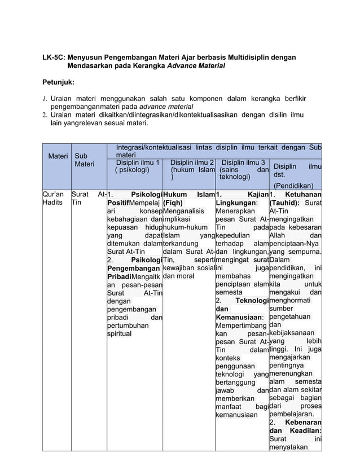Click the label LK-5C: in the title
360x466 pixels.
[x=54, y=58]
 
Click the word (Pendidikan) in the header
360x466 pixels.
[x=295, y=184]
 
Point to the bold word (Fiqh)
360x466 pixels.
[x=173, y=204]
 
